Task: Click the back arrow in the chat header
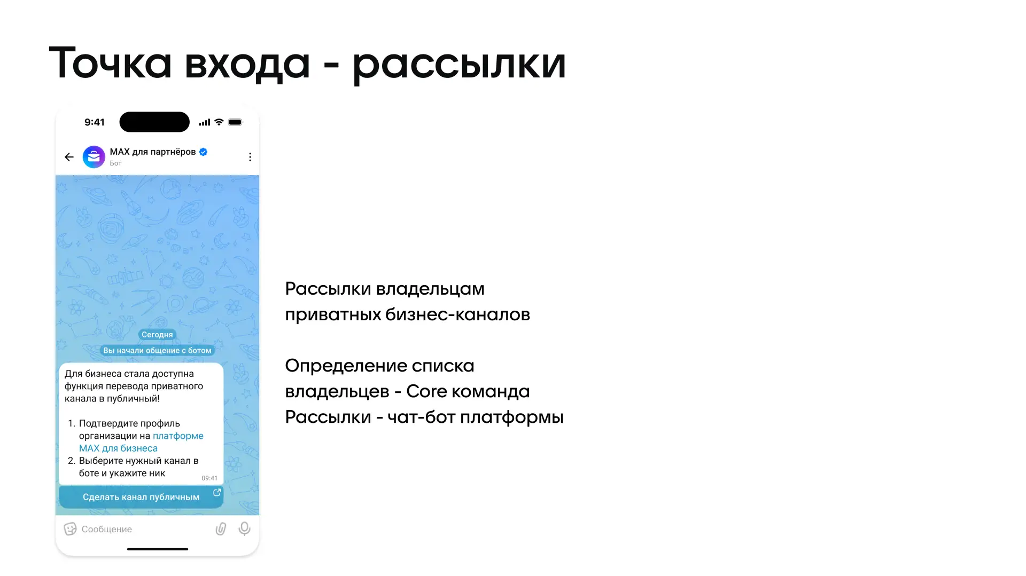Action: (69, 157)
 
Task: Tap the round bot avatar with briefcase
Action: (94, 157)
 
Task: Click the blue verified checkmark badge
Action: (203, 152)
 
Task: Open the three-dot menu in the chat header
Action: (250, 157)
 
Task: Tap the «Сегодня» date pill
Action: (157, 335)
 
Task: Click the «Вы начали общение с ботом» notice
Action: (157, 350)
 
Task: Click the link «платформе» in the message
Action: (178, 436)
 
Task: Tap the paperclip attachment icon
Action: (221, 528)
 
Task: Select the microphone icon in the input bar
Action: (244, 528)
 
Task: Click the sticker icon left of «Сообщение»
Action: (70, 529)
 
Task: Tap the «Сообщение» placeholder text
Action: (107, 529)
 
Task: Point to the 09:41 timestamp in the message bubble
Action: (209, 478)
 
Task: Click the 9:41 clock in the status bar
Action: (95, 122)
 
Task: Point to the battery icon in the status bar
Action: (236, 122)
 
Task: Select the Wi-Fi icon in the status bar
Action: (219, 122)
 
